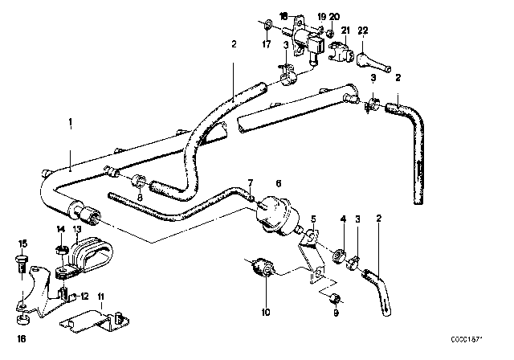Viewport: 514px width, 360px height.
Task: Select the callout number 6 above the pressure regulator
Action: [279, 183]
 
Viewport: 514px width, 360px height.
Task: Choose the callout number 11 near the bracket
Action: [100, 297]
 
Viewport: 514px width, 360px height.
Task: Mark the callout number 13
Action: [78, 229]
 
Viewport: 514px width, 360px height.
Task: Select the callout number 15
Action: [22, 243]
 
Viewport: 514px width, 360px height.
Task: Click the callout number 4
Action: [343, 219]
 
